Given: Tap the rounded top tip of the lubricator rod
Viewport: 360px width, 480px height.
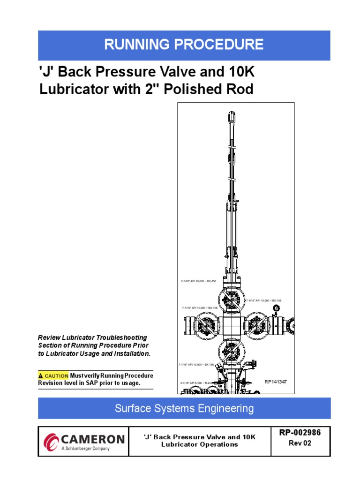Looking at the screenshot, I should point(233,113).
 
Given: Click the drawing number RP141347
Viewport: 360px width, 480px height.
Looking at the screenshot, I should point(275,382).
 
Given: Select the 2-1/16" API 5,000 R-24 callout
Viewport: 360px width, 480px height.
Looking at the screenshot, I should point(195,383).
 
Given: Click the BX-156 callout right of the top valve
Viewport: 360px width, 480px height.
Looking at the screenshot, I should point(263,300).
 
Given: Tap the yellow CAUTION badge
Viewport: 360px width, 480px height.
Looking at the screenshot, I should point(53,376).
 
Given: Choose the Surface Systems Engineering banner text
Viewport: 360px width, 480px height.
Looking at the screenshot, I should point(184,408).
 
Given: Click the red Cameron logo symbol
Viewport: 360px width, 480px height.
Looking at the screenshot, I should point(51,442).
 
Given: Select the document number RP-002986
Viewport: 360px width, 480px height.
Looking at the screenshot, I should point(300,433).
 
